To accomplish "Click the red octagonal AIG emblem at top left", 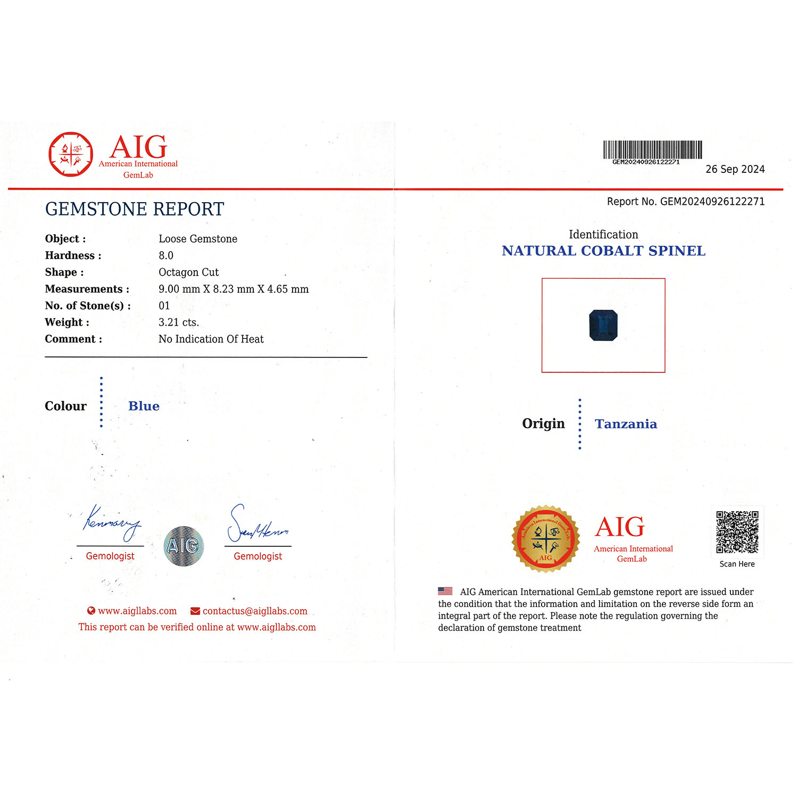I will [71, 154].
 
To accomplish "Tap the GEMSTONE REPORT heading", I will [135, 209].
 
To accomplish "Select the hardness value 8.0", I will [166, 255].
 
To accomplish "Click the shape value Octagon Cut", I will [188, 272].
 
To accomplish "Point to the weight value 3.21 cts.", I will [179, 322].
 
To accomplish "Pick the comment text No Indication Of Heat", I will [211, 339].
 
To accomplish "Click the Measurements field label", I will [87, 289].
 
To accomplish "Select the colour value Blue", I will [144, 406].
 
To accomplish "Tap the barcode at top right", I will [652, 150].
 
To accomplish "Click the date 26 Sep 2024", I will [735, 169].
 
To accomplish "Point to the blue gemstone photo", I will [603, 325].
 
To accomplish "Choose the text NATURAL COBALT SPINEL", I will [603, 251].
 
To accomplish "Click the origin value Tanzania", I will [626, 423].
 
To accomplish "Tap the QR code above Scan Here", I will [737, 532].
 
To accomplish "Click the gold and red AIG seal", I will [545, 538].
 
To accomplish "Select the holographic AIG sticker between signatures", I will [184, 546].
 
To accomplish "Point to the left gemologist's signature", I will [111, 523].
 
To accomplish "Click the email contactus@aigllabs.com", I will [254, 611].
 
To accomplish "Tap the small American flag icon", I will [445, 591].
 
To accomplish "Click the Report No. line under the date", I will [685, 202].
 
